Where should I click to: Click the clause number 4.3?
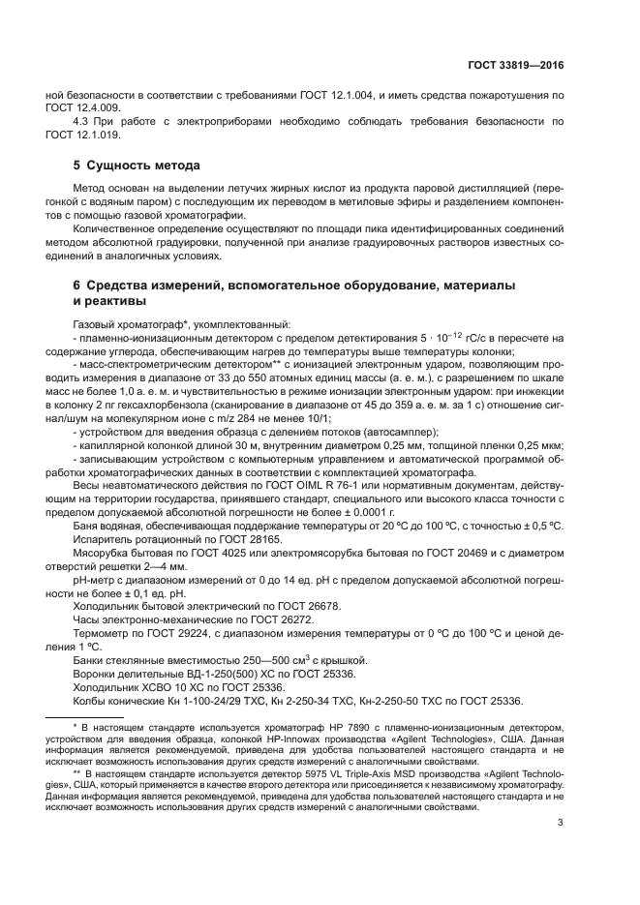(83, 121)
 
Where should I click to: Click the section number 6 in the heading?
(77, 287)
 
